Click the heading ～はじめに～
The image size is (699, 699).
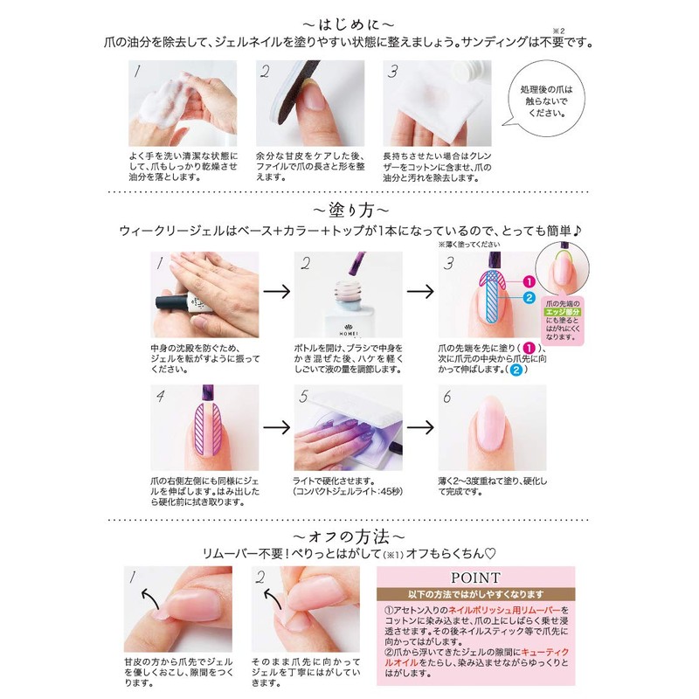click(349, 20)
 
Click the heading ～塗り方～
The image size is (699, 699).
click(349, 210)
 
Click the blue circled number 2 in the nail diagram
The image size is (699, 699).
click(529, 298)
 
